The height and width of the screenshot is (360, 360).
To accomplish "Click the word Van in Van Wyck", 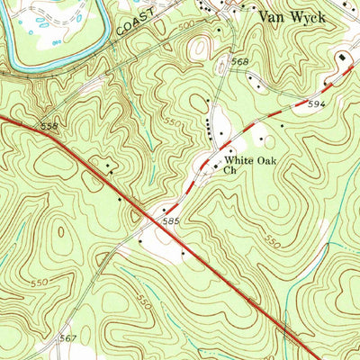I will point(273,15).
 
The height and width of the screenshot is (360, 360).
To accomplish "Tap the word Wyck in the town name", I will point(311,15).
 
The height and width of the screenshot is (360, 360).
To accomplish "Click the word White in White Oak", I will point(242,160).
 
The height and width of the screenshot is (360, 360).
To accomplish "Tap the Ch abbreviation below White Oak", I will point(229,170).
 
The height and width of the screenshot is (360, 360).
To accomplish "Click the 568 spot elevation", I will point(240,61).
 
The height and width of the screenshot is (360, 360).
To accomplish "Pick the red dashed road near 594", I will point(297,104).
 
